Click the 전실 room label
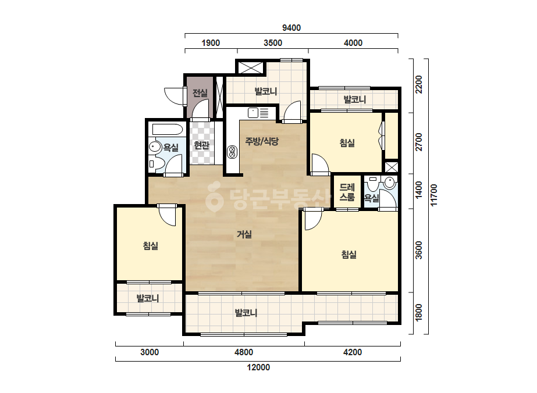click(x=200, y=93)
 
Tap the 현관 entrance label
click(x=201, y=145)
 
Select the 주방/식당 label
click(x=262, y=141)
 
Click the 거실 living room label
click(x=244, y=234)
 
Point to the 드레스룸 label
click(x=347, y=192)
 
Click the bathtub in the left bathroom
click(x=168, y=130)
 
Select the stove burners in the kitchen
click(x=232, y=152)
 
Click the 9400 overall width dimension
click(x=291, y=28)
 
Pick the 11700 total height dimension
click(x=434, y=195)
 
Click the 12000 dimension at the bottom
click(x=258, y=367)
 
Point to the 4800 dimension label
click(x=244, y=352)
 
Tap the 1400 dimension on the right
click(x=418, y=190)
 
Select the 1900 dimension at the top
click(x=211, y=43)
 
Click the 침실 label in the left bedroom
click(x=150, y=245)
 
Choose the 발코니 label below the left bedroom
click(x=148, y=298)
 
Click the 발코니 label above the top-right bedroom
click(x=355, y=99)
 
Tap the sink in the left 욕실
click(x=155, y=147)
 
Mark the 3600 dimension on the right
click(x=418, y=250)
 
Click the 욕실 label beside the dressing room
click(x=372, y=198)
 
